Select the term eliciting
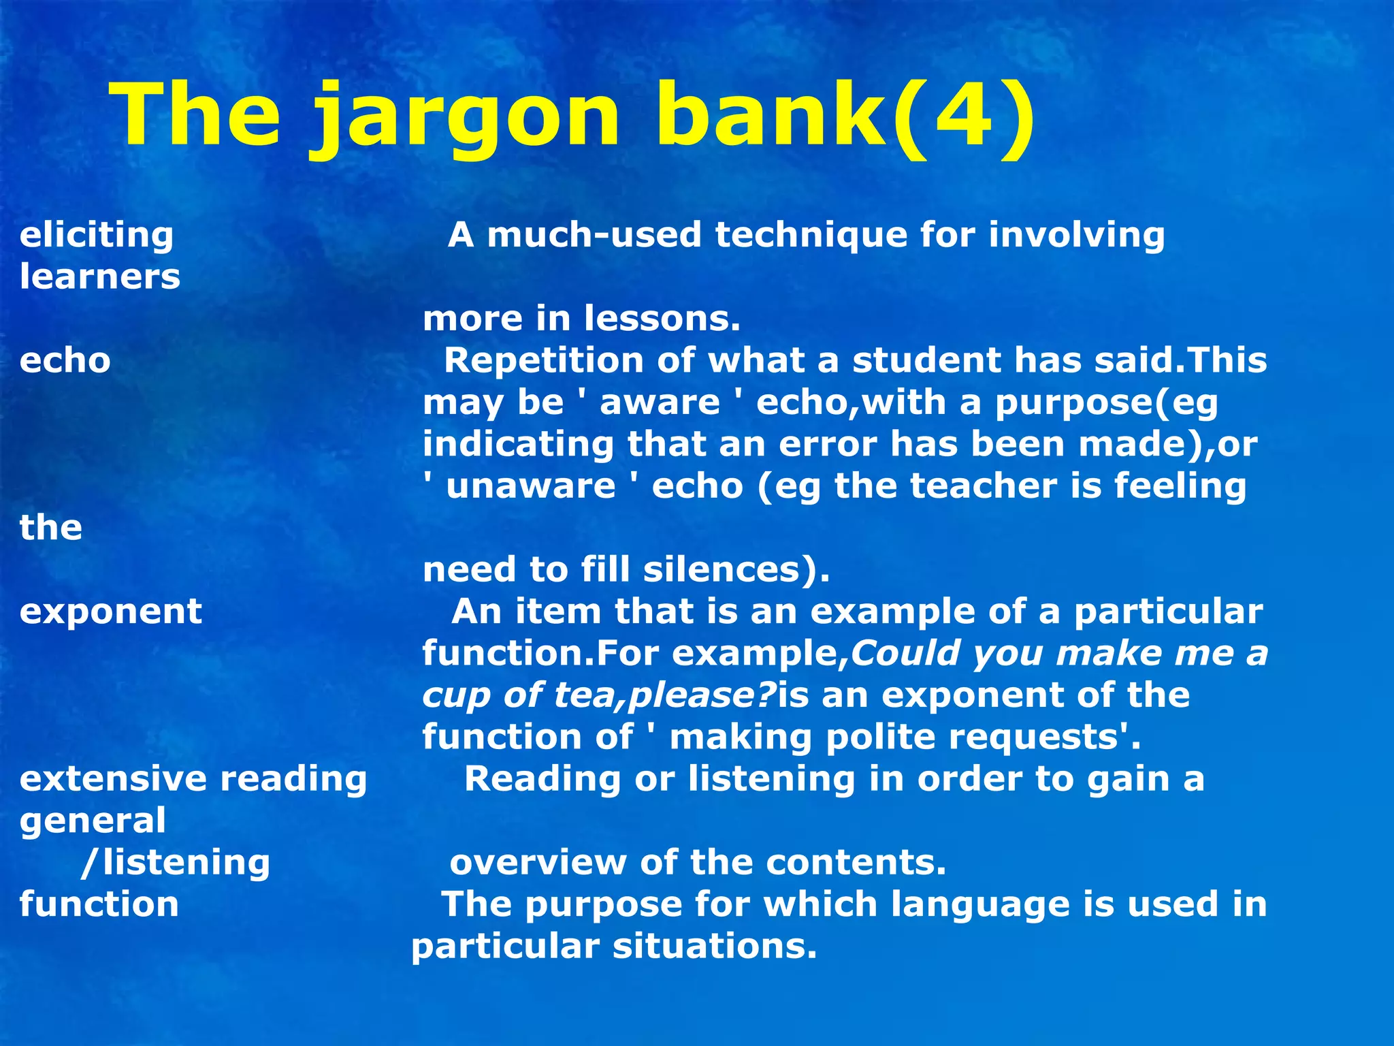pyautogui.click(x=97, y=235)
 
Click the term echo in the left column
pyautogui.click(x=65, y=360)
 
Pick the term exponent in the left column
pyautogui.click(x=111, y=612)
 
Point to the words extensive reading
pyautogui.click(x=193, y=778)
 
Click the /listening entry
pyautogui.click(x=176, y=863)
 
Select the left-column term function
pyautogui.click(x=99, y=904)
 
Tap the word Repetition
pyautogui.click(x=543, y=360)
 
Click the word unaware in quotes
pyautogui.click(x=531, y=486)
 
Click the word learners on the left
pyautogui.click(x=100, y=277)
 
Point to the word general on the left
pyautogui.click(x=93, y=821)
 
